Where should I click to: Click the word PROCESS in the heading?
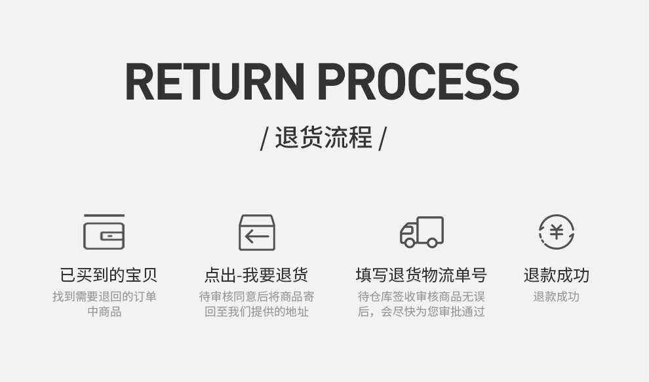pos(418,82)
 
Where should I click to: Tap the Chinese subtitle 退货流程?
pos(323,138)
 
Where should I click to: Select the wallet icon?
pos(104,232)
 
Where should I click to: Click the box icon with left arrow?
pos(257,232)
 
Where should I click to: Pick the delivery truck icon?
pos(422,231)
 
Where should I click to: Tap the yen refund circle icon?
pos(557,232)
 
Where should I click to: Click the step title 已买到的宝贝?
pos(109,275)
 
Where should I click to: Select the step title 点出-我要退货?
pos(256,275)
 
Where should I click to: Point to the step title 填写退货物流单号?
pos(422,275)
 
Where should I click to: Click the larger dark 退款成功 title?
pos(557,275)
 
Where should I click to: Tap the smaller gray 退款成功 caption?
pos(556,297)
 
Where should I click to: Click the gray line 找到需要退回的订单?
pos(105,297)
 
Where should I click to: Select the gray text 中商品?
pos(105,312)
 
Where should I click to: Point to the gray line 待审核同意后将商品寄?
pos(256,297)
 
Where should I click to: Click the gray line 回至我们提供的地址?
pos(256,312)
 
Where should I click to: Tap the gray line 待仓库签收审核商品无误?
pos(422,297)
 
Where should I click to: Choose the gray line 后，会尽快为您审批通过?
pos(422,312)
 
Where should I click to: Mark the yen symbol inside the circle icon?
pos(557,231)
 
